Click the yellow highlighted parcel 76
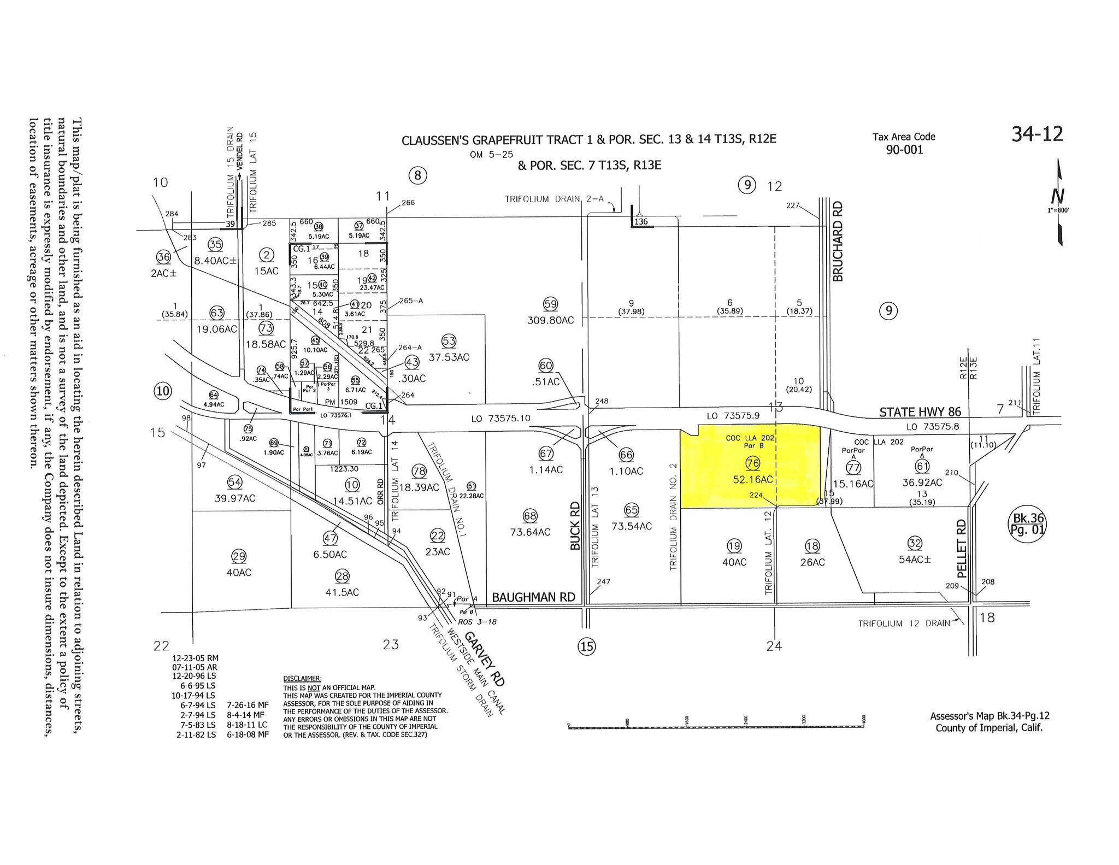(751, 470)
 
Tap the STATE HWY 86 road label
(920, 412)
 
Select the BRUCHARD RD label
(838, 241)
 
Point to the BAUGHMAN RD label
(533, 597)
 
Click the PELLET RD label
(962, 548)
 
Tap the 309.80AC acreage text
(550, 320)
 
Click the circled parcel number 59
(550, 304)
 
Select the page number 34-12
(1037, 134)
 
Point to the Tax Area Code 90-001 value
(904, 150)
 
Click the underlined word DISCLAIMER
(302, 678)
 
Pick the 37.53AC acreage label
(449, 357)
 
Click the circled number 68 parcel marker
(530, 516)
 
